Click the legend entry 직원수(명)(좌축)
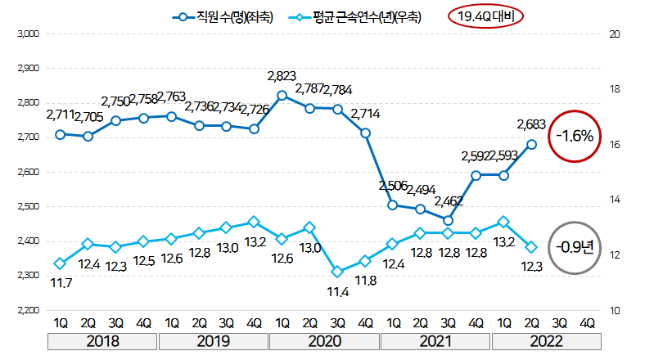click(x=223, y=16)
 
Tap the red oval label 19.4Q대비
click(x=486, y=16)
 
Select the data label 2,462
click(x=449, y=200)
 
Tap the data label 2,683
click(x=532, y=125)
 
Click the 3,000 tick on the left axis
click(x=29, y=34)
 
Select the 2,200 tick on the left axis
click(x=29, y=310)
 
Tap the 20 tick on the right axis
click(x=613, y=34)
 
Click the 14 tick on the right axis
click(x=613, y=200)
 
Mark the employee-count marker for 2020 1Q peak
click(x=282, y=95)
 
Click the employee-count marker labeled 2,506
click(x=393, y=205)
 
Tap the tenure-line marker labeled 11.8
click(x=365, y=261)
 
